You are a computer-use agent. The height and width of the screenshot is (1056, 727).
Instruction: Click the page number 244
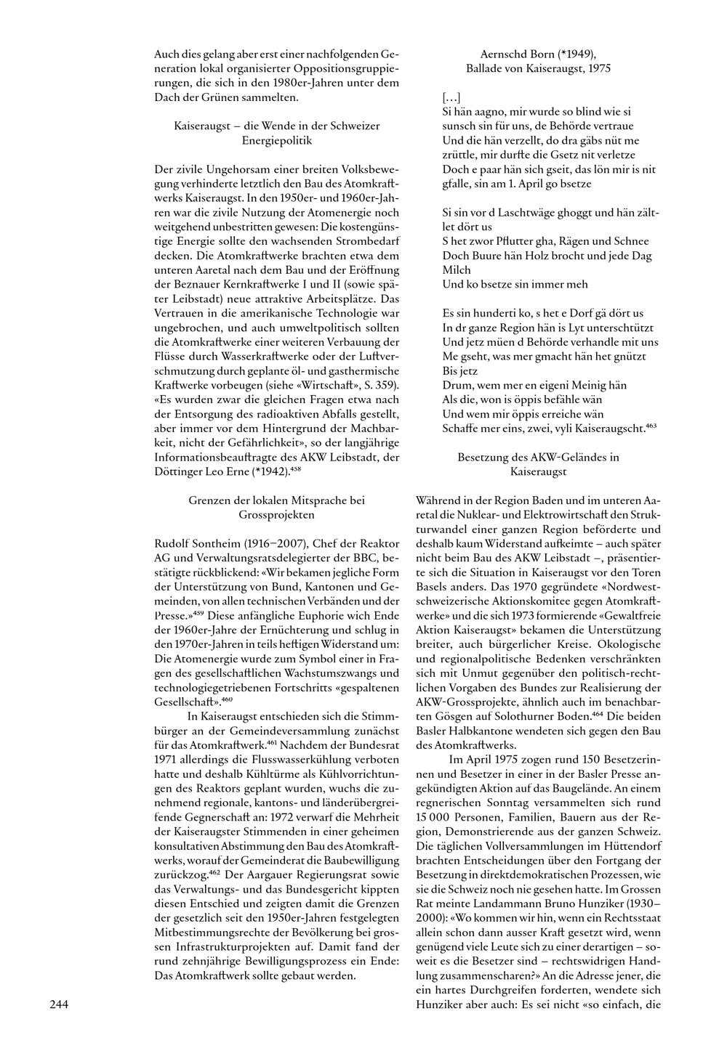coord(59,1004)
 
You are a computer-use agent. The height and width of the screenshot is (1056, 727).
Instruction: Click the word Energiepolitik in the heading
coord(277,139)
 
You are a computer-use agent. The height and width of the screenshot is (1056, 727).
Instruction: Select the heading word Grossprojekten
coord(277,514)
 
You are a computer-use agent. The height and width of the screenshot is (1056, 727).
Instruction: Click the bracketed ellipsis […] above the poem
coord(451,97)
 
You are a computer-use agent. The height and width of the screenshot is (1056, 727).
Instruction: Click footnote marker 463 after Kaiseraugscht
coord(651,426)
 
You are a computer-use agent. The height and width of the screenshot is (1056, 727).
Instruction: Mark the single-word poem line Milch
coord(457,269)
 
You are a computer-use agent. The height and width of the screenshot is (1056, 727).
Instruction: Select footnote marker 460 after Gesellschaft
coord(227,701)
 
